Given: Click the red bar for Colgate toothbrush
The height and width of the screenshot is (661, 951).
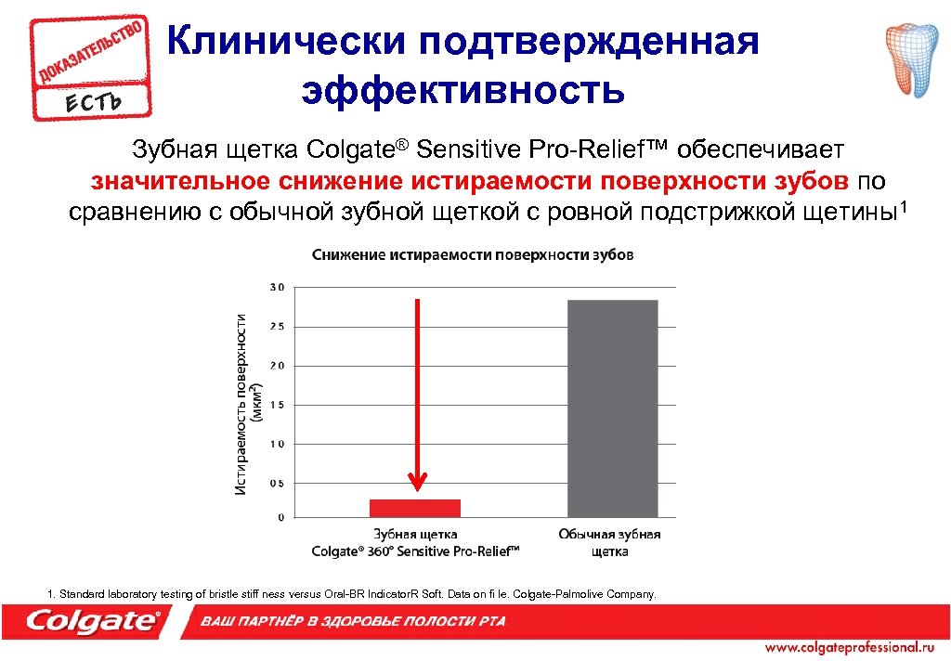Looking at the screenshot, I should pos(415,507).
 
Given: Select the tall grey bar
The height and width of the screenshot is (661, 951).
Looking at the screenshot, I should pos(612,408).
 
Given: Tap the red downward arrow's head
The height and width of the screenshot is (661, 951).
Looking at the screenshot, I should pos(418,481).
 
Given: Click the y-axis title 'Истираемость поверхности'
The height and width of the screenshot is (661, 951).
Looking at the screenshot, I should pos(241,403).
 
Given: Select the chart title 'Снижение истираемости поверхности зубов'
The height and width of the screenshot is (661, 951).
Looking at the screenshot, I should pos(473,255).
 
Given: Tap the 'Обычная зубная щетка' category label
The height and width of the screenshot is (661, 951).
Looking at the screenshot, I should pos(609,542).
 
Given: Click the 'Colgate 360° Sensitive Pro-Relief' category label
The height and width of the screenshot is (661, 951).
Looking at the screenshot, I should pos(415,543).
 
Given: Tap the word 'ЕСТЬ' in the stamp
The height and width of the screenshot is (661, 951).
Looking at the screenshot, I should pos(93,99).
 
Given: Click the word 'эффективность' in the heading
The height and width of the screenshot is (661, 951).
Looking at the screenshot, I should pos(462,91).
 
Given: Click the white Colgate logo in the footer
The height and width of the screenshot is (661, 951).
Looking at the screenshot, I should pos(93,620).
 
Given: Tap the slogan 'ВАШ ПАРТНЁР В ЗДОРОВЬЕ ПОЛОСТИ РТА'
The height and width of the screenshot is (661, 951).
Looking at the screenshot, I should pos(354,621).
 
